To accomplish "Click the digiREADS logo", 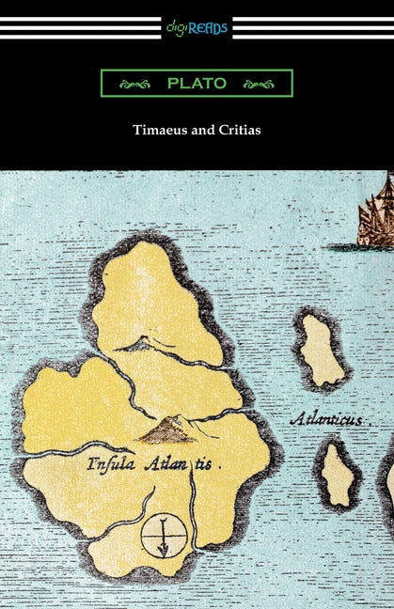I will [x=197, y=28].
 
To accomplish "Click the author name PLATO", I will [x=197, y=84].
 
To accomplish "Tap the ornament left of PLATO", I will [x=135, y=84].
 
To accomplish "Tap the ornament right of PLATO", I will [x=258, y=84].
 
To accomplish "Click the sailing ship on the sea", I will [x=377, y=212].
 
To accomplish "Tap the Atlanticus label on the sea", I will [x=326, y=418].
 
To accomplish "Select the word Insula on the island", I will [x=110, y=463].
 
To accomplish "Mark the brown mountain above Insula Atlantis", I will [x=166, y=430].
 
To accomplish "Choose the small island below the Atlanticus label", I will [x=338, y=475].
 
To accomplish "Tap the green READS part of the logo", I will [x=210, y=28].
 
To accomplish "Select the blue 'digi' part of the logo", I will [x=179, y=28].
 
